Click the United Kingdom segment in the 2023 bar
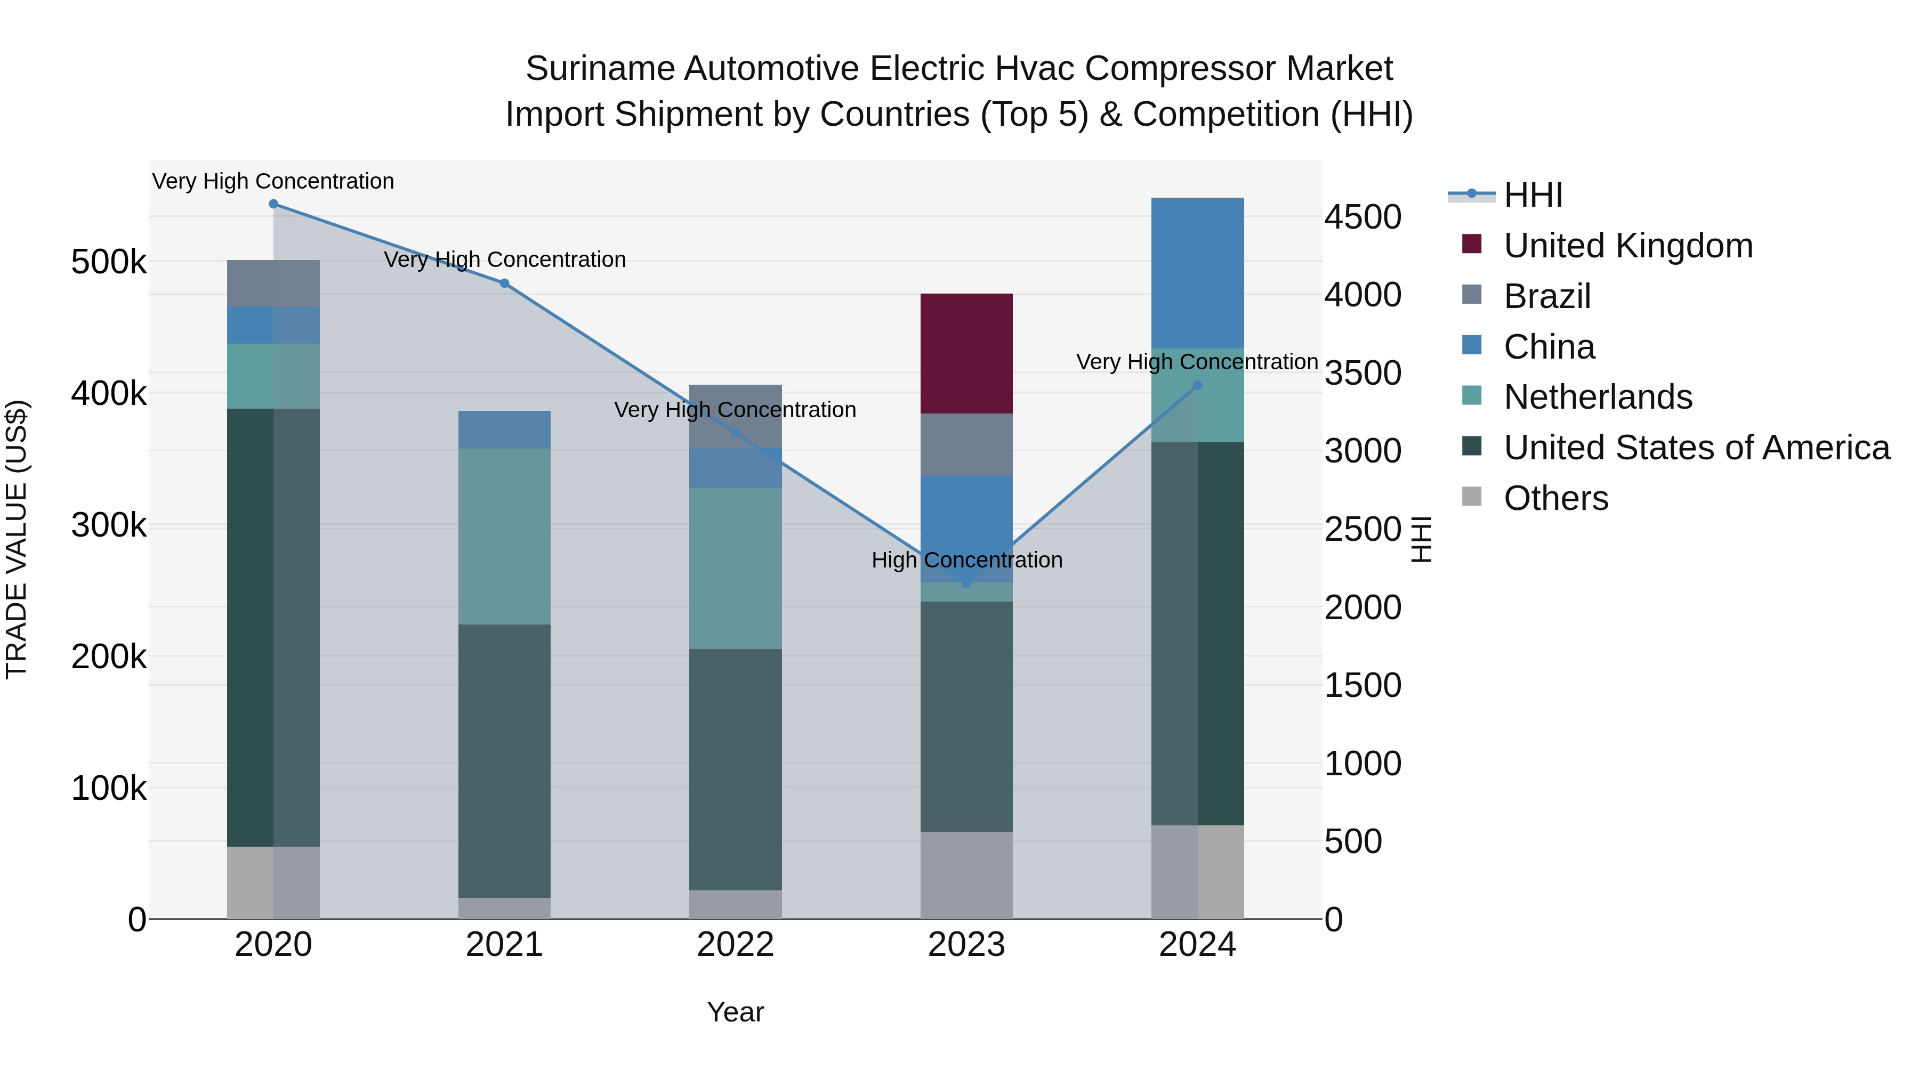coord(966,354)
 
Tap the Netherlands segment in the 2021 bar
coord(504,536)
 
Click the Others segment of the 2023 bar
coord(966,875)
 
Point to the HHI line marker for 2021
coord(504,283)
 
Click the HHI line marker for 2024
coord(1197,386)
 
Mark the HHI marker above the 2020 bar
coord(273,204)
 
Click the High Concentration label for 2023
coord(966,560)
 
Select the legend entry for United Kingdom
coord(1628,246)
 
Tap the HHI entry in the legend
coord(1533,195)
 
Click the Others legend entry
coord(1555,498)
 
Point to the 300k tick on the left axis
coord(109,526)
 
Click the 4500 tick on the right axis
coord(1362,217)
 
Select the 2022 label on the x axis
coord(735,945)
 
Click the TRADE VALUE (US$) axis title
coord(17,539)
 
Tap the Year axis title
coord(735,1012)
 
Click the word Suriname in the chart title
coord(600,69)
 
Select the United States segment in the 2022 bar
coord(735,769)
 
